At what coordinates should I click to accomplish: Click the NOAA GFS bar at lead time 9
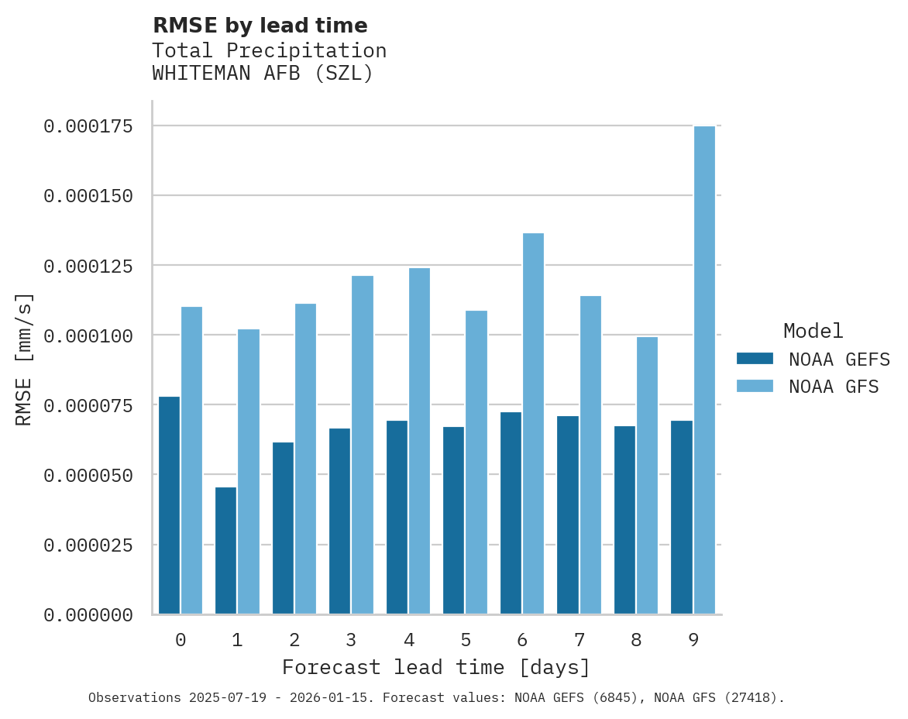[704, 370]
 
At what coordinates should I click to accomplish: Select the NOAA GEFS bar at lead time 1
[225, 550]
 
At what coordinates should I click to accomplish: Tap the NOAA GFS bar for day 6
[533, 423]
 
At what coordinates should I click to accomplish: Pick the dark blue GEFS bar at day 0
[169, 505]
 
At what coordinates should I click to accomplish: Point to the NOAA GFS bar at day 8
[647, 475]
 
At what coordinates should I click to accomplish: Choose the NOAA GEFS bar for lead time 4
[397, 517]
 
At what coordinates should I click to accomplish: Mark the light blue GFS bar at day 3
[363, 445]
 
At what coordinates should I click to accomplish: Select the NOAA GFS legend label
[834, 387]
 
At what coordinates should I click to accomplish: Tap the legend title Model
[813, 331]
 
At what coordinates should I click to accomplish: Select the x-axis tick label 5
[465, 640]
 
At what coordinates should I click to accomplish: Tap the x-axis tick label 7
[579, 640]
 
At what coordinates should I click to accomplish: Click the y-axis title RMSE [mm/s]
[24, 359]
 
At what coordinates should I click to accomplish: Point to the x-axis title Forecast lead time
[436, 667]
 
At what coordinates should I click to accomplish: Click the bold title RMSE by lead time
[260, 26]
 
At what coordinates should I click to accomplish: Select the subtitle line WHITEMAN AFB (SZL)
[263, 74]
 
